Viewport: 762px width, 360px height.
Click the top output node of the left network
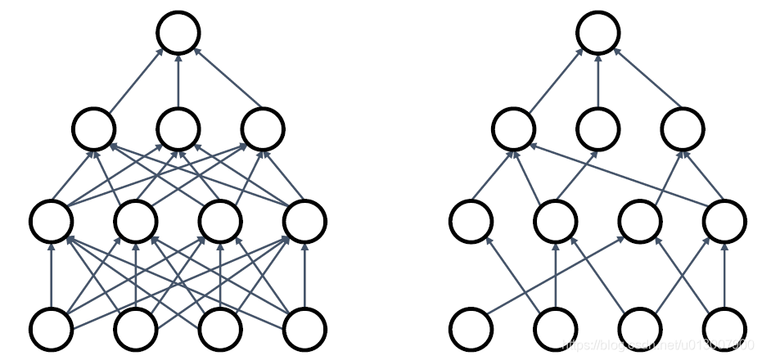click(178, 33)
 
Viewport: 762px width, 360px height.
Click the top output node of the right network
click(598, 33)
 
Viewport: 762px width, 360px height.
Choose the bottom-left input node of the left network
click(51, 328)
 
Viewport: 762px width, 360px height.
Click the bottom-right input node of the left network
click(304, 328)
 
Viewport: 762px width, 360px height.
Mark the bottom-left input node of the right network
click(471, 328)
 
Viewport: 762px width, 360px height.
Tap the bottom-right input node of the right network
click(724, 328)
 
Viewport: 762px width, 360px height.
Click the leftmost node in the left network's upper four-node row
click(51, 220)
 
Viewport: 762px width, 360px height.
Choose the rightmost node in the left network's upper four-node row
click(304, 220)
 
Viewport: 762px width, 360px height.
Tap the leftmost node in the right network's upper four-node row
click(471, 220)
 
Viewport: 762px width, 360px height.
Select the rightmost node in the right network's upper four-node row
click(724, 220)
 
